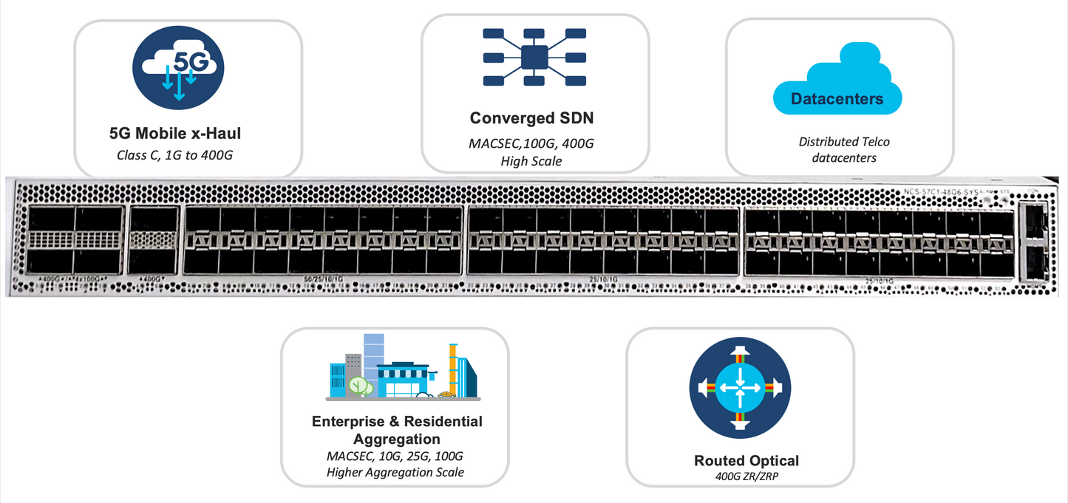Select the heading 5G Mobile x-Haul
pyautogui.click(x=175, y=134)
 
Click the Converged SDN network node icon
pyautogui.click(x=534, y=58)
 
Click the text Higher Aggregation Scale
pyautogui.click(x=395, y=472)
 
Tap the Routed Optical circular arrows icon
pyautogui.click(x=740, y=388)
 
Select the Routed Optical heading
pyautogui.click(x=746, y=460)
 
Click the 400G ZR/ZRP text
pyautogui.click(x=746, y=476)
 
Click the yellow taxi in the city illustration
pyautogui.click(x=446, y=395)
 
